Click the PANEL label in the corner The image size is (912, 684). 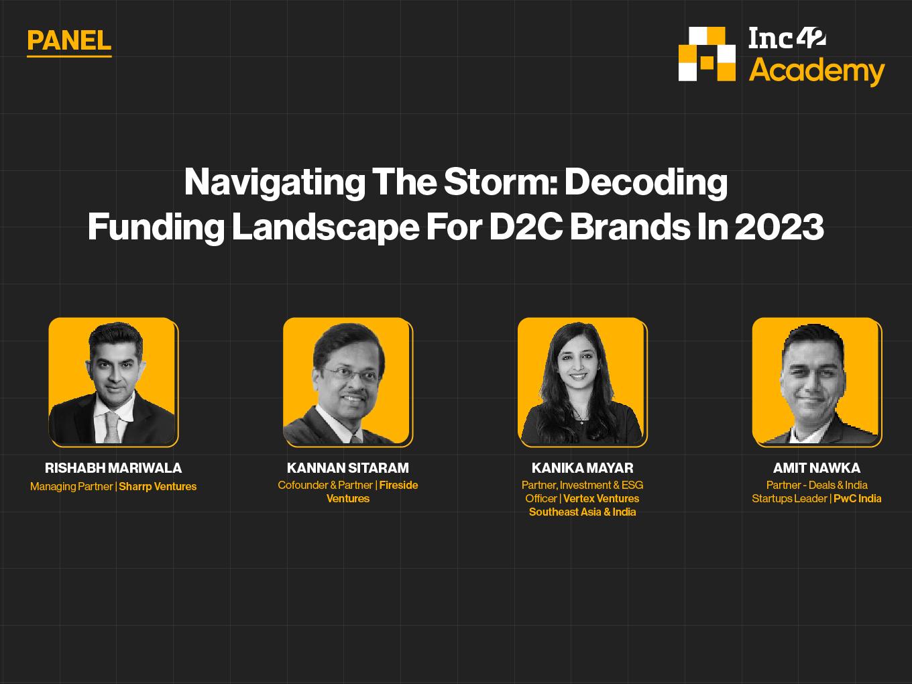[69, 40]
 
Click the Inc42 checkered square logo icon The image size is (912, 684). [707, 54]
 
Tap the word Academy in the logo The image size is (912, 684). [816, 71]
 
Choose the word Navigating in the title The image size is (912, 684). [275, 182]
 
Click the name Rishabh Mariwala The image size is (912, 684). [113, 468]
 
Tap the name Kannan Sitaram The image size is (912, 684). [348, 468]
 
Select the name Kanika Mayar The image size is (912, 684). [583, 468]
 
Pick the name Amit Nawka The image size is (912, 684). [817, 468]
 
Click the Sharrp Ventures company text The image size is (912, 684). [158, 486]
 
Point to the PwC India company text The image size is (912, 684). [857, 498]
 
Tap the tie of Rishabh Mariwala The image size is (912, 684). [112, 427]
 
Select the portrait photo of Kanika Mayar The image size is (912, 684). [581, 382]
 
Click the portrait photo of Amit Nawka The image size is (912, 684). [816, 382]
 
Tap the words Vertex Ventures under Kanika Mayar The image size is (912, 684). [602, 498]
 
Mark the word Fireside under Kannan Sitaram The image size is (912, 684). [398, 485]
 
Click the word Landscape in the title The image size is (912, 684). [326, 227]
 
